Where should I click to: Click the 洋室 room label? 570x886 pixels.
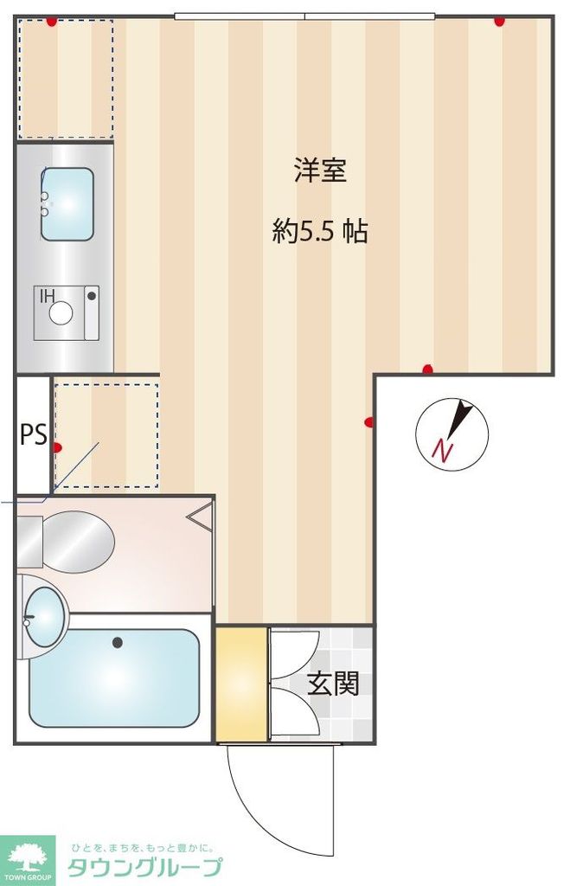pyautogui.click(x=320, y=171)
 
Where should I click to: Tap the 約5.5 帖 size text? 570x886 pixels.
pyautogui.click(x=320, y=231)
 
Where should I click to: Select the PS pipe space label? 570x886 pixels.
pyautogui.click(x=33, y=434)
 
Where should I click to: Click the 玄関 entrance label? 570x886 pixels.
pyautogui.click(x=333, y=684)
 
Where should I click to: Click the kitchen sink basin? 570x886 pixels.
pyautogui.click(x=67, y=204)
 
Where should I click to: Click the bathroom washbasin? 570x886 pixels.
pyautogui.click(x=42, y=617)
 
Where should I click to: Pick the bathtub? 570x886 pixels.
pyautogui.click(x=114, y=677)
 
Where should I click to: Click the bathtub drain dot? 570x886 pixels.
pyautogui.click(x=117, y=642)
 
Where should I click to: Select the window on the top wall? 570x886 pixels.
pyautogui.click(x=304, y=16)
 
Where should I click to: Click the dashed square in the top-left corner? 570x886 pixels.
pyautogui.click(x=66, y=78)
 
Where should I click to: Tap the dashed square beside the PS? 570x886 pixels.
pyautogui.click(x=106, y=435)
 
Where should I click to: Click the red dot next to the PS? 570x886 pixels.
pyautogui.click(x=58, y=447)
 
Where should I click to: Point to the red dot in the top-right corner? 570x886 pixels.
pyautogui.click(x=499, y=22)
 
